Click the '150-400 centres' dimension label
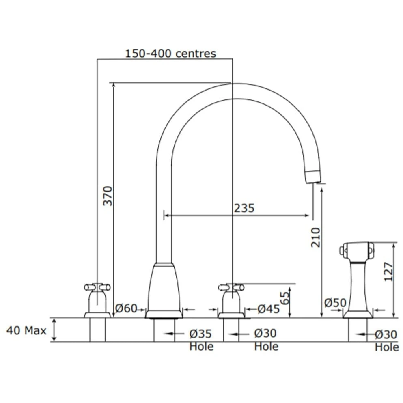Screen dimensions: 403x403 170,53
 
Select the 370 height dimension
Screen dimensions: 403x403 108,196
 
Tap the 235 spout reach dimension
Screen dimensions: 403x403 244,208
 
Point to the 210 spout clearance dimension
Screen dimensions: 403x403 316,237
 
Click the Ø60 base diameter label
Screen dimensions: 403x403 126,309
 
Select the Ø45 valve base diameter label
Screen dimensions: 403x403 269,309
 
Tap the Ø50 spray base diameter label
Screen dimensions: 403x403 335,302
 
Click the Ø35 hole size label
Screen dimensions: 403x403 200,334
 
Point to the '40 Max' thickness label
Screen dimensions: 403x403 26,330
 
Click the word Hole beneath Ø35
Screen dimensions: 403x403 201,347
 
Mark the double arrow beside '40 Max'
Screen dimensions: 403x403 55,330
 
